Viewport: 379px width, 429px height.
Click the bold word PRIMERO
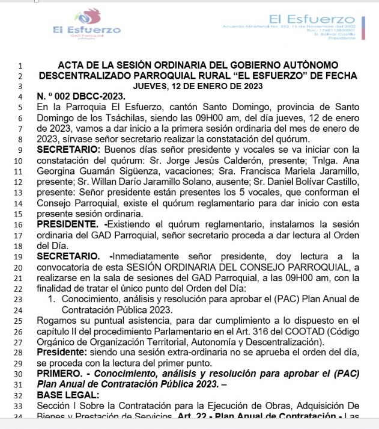coord(59,374)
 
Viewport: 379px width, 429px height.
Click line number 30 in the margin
coord(20,374)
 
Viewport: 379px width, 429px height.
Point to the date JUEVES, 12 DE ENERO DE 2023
coord(198,86)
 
